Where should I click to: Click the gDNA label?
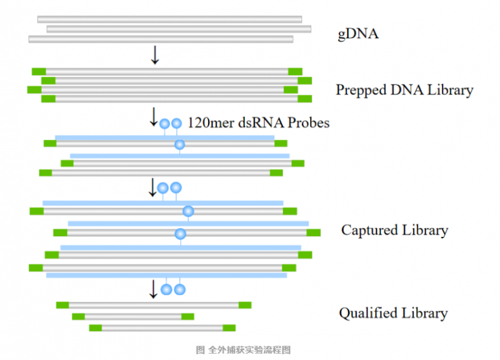pyautogui.click(x=358, y=34)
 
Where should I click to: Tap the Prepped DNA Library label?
pyautogui.click(x=404, y=90)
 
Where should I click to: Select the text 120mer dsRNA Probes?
pyautogui.click(x=258, y=122)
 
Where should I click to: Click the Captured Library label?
pyautogui.click(x=394, y=230)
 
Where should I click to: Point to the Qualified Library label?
pyautogui.click(x=393, y=313)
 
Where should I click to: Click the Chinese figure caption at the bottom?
pyautogui.click(x=243, y=350)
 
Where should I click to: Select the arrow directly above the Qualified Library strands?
pyautogui.click(x=153, y=289)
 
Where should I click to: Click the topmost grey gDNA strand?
pyautogui.click(x=169, y=19)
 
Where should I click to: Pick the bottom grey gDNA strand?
pyautogui.click(x=161, y=39)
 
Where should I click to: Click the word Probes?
pyautogui.click(x=308, y=122)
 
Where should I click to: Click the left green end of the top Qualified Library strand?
pyautogui.click(x=62, y=305)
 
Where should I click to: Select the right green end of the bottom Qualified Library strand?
pyautogui.click(x=229, y=327)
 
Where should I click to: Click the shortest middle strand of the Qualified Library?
pyautogui.click(x=133, y=316)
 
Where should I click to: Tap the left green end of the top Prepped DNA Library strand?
pyautogui.click(x=39, y=71)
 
